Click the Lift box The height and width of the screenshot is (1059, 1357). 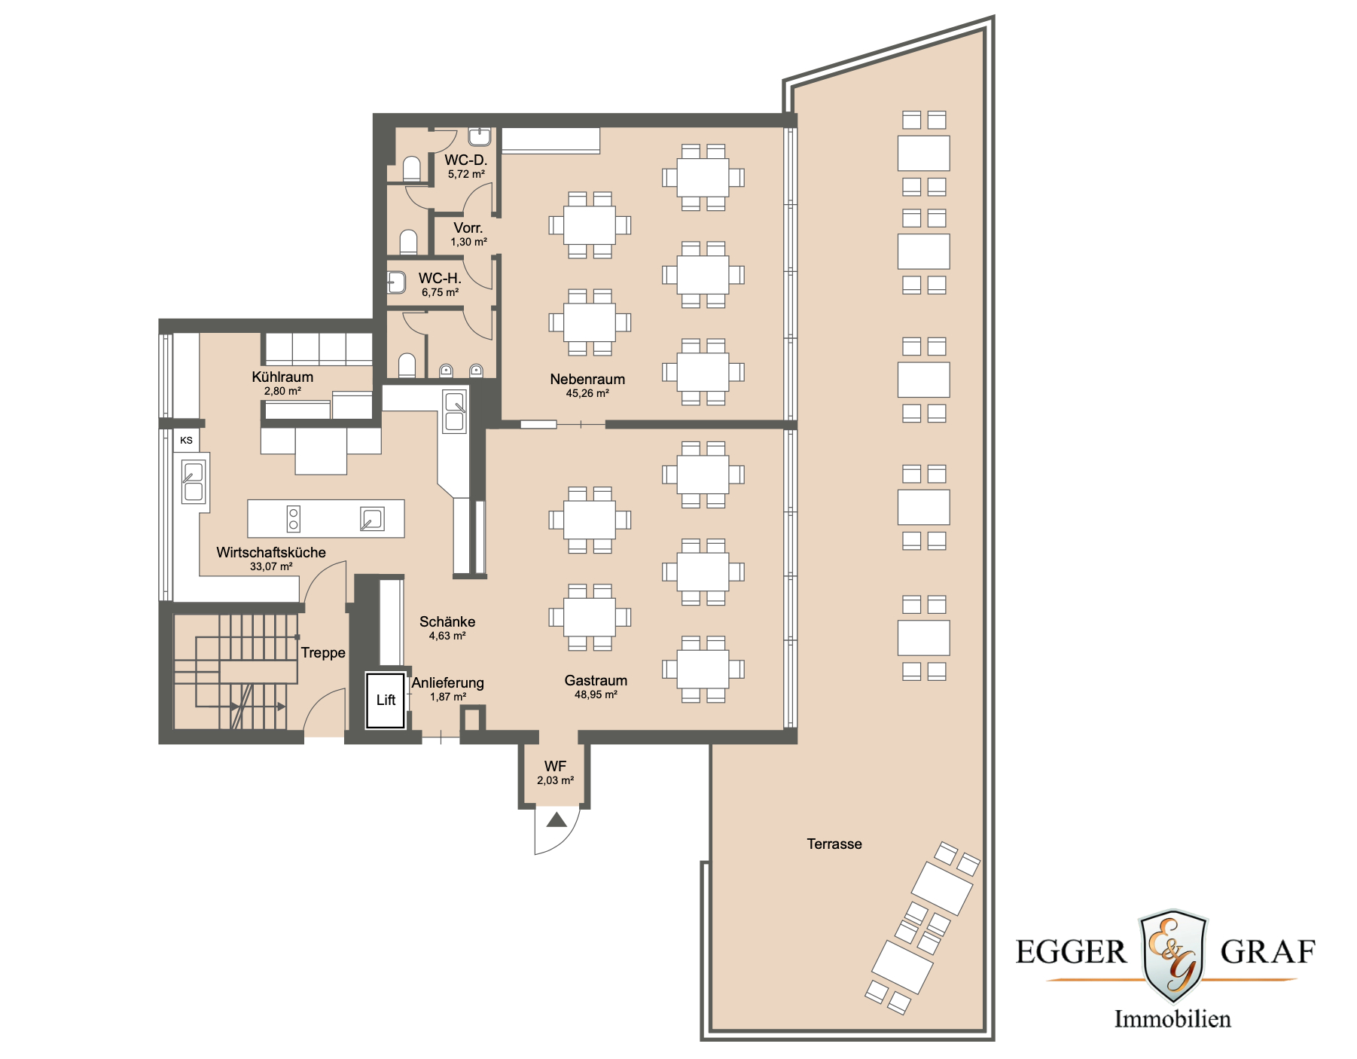pyautogui.click(x=386, y=700)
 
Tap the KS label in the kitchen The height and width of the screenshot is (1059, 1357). pyautogui.click(x=186, y=441)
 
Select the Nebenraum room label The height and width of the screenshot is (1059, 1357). pyautogui.click(x=587, y=379)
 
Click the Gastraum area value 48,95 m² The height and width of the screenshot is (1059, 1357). pyautogui.click(x=596, y=695)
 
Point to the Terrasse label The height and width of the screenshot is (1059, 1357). pyautogui.click(x=834, y=844)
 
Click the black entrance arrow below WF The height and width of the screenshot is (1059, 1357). pyautogui.click(x=557, y=820)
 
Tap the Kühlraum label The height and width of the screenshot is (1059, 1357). pyautogui.click(x=282, y=377)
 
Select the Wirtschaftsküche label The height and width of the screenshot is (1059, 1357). pyautogui.click(x=271, y=552)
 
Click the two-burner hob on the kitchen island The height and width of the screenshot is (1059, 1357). pyautogui.click(x=294, y=519)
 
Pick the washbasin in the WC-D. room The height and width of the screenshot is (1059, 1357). pyautogui.click(x=480, y=136)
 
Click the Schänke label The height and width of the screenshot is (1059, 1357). pyautogui.click(x=447, y=621)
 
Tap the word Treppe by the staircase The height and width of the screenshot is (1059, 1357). pyautogui.click(x=323, y=652)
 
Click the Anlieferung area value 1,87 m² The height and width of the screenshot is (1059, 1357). pyautogui.click(x=448, y=697)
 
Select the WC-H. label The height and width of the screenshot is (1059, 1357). pyautogui.click(x=440, y=278)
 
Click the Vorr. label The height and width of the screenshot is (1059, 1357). pyautogui.click(x=468, y=227)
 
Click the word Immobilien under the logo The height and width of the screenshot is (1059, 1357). pyautogui.click(x=1173, y=1019)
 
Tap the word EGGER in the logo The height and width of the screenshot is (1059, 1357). pyautogui.click(x=1071, y=953)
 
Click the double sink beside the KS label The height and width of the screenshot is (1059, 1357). pyautogui.click(x=194, y=482)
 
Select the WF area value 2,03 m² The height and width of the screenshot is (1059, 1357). pyautogui.click(x=555, y=781)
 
